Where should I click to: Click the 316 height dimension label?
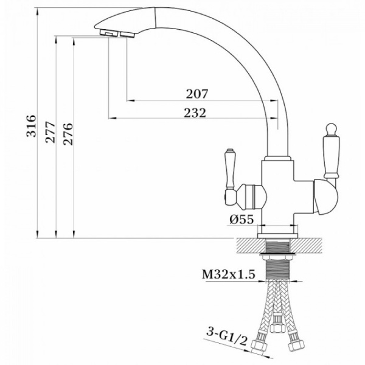tap(31, 126)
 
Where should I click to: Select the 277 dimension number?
tap(50, 132)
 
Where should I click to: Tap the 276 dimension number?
tap(68, 134)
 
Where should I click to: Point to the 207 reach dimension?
tap(196, 94)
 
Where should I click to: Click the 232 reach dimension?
tap(195, 113)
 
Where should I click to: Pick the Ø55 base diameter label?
tap(242, 219)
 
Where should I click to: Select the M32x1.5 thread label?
tap(228, 274)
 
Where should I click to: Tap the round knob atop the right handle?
tap(331, 130)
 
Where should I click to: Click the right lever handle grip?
tap(331, 158)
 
